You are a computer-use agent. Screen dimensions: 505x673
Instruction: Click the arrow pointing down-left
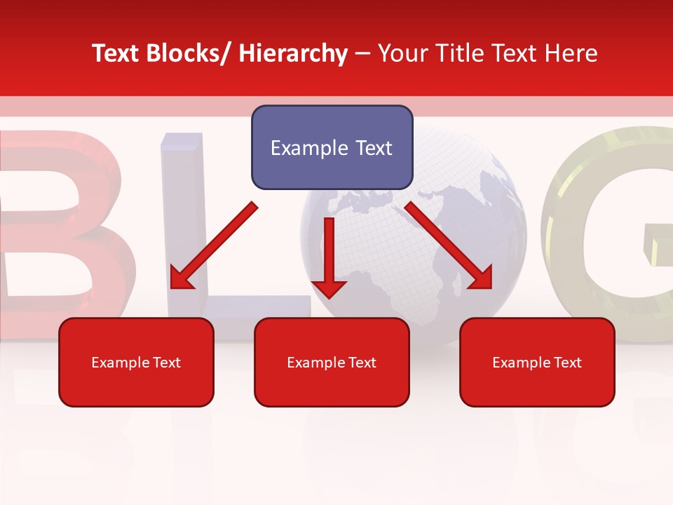[x=214, y=245]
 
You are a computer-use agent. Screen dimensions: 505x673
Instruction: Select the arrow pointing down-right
[x=449, y=245]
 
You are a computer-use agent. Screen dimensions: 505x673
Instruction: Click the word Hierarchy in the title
[x=293, y=53]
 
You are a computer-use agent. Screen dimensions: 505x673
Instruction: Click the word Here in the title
[x=573, y=53]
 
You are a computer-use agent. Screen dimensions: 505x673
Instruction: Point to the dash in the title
[x=362, y=53]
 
